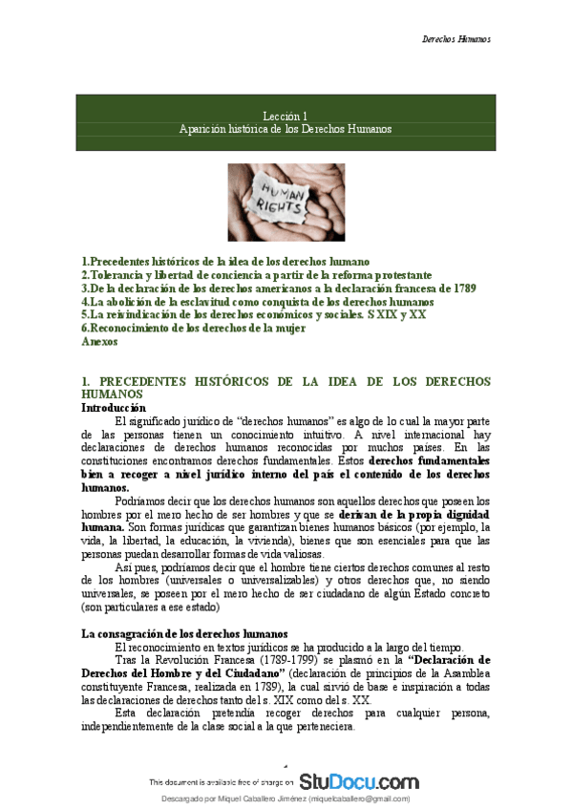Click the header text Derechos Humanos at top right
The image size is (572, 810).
455,39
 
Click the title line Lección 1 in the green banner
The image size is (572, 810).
286,115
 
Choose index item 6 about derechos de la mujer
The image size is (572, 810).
194,328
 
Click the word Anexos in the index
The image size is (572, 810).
100,341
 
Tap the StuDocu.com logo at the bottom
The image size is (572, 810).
358,780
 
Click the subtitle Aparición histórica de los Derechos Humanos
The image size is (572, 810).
286,128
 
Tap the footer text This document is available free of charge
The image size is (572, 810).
221,782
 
